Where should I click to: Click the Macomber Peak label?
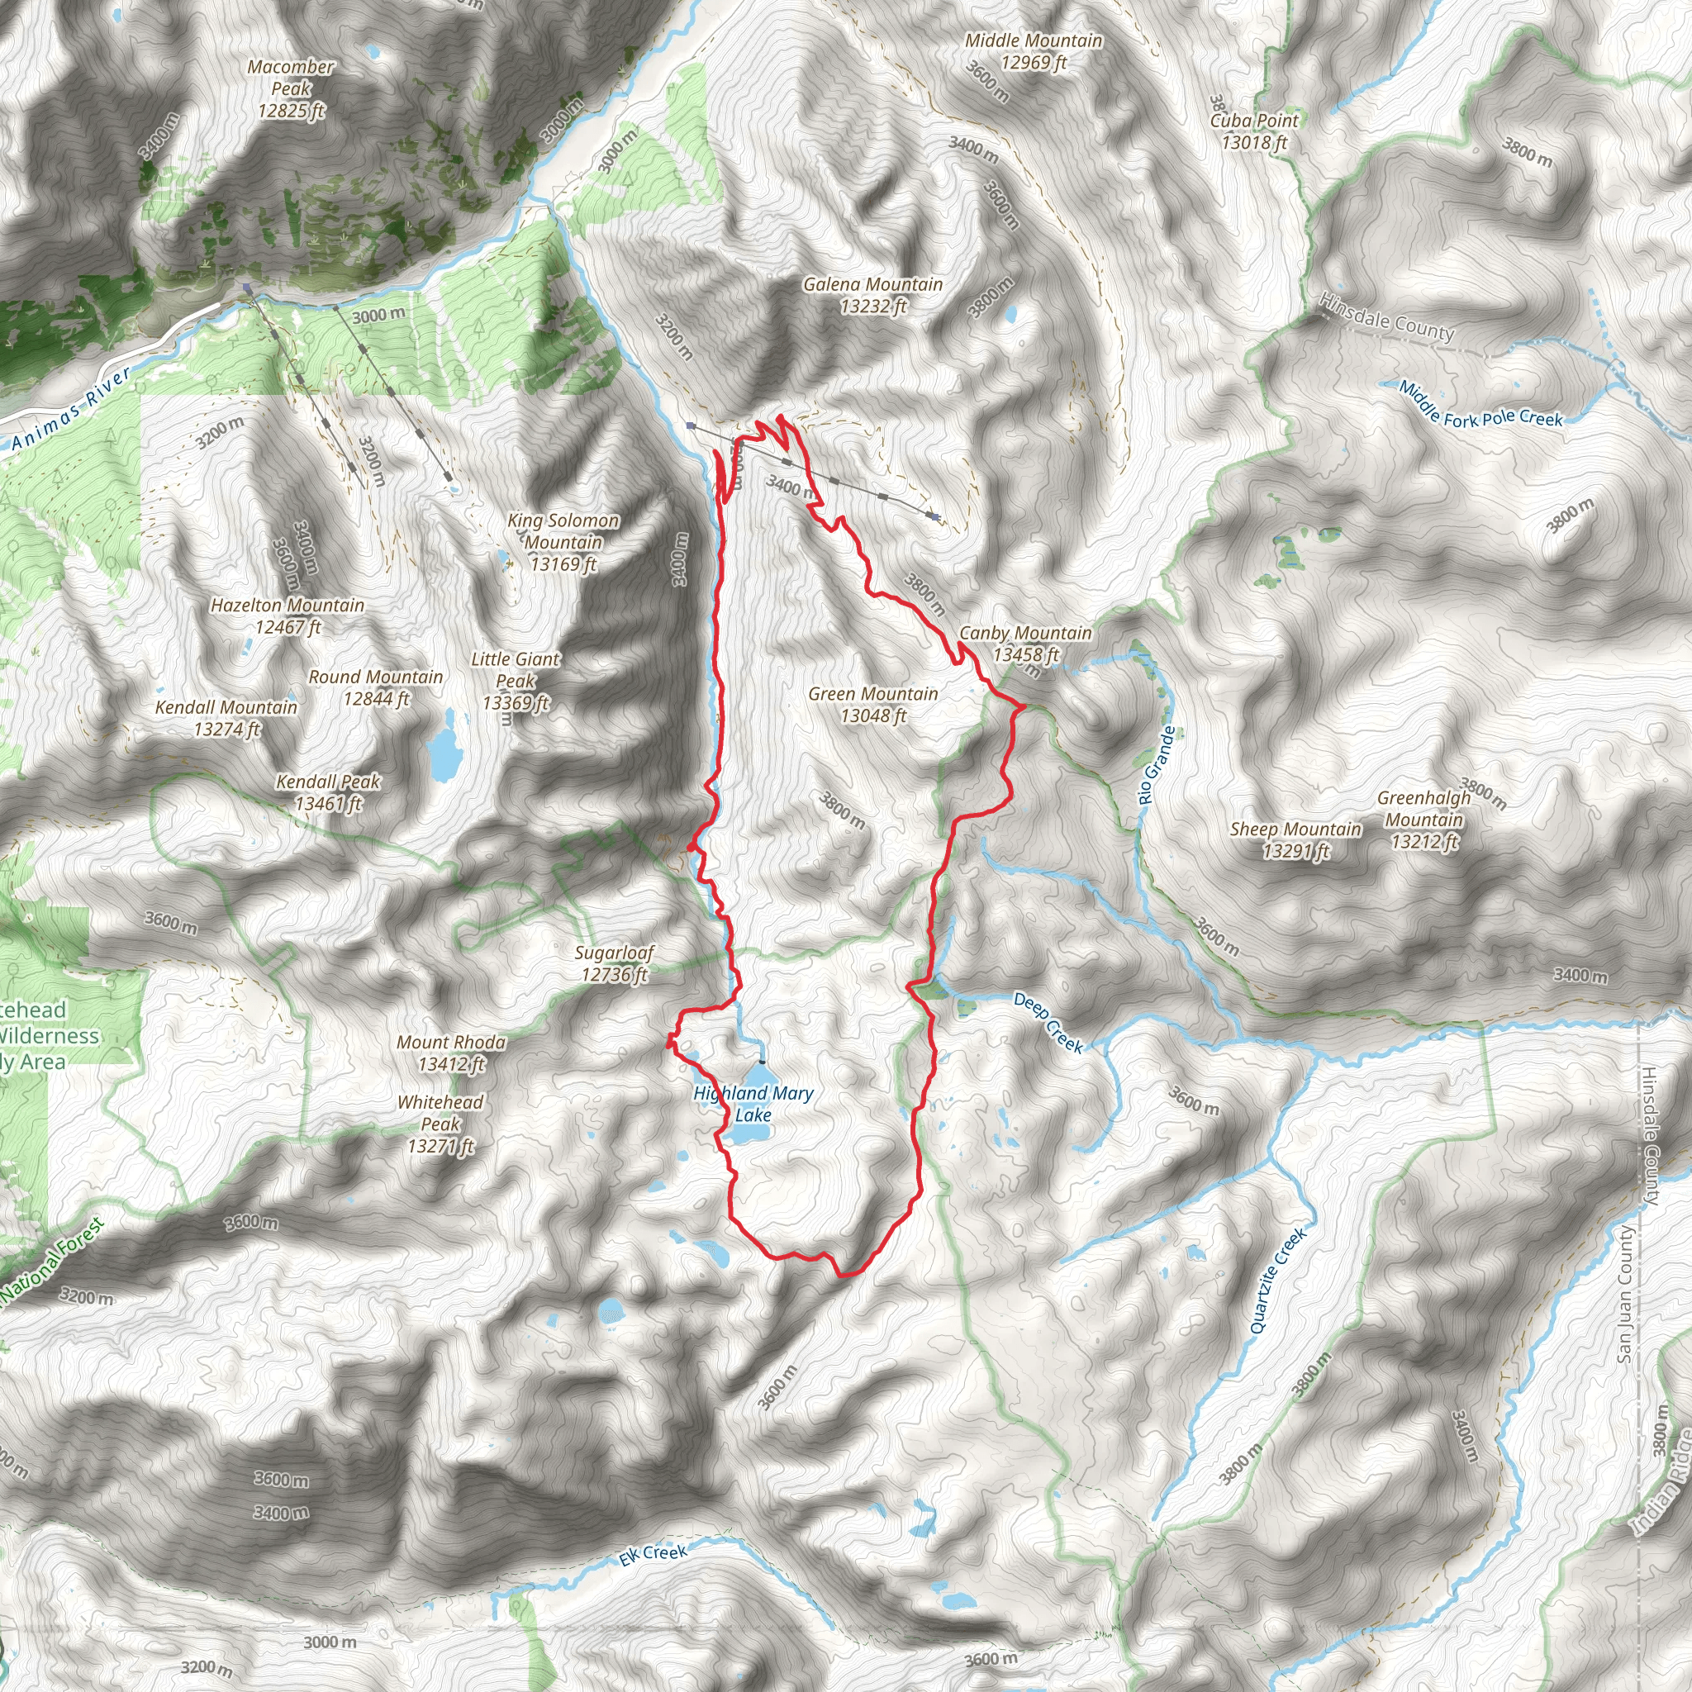[291, 88]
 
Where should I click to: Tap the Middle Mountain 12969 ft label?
[1034, 50]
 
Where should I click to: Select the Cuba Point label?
[1254, 131]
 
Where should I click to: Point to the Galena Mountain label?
[873, 295]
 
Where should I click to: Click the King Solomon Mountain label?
[563, 542]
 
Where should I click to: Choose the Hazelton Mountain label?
[288, 615]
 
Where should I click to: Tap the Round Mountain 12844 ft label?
[376, 687]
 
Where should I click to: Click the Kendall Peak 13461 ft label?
[327, 792]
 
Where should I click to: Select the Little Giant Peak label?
[515, 681]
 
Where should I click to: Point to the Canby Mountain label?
[1025, 644]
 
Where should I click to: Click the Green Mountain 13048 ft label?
[873, 704]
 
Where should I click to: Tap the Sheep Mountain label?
[1295, 840]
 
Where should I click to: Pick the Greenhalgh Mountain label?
[1424, 820]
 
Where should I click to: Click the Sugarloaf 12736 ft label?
[614, 963]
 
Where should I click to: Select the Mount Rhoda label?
[451, 1053]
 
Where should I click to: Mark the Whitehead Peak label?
[440, 1124]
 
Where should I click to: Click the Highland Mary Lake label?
[753, 1104]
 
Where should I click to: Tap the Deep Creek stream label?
[1048, 1022]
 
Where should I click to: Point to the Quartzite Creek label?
[1278, 1281]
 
